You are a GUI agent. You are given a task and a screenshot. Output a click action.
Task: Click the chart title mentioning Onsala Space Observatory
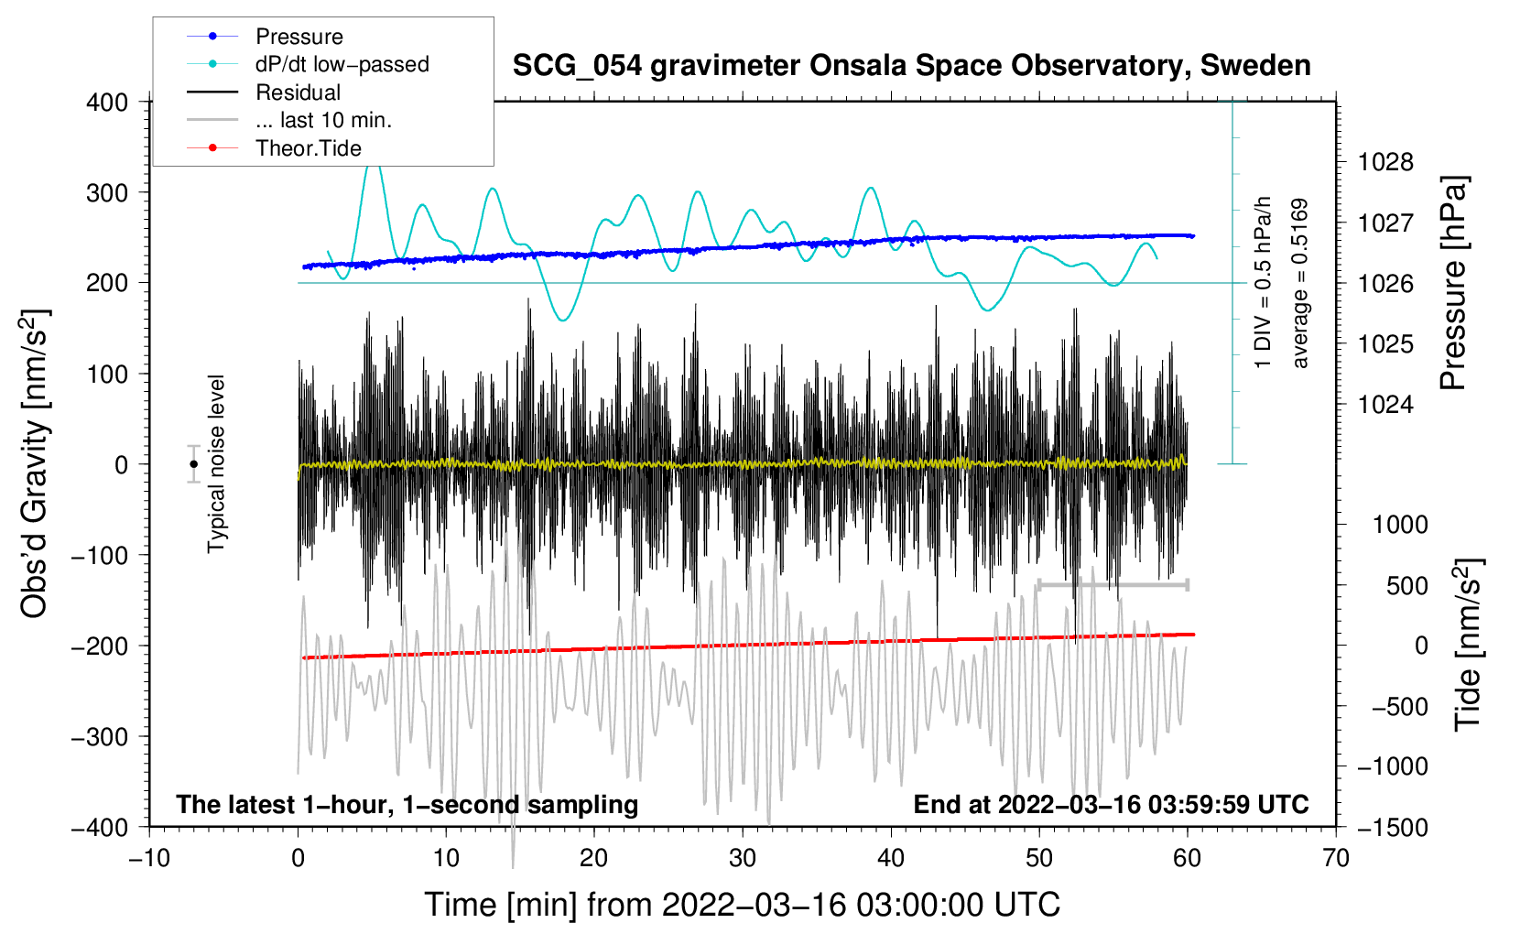pos(911,66)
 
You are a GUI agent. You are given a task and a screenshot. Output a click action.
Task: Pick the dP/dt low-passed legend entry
pos(342,64)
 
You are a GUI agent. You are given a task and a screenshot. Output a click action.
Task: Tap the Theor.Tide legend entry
pos(308,148)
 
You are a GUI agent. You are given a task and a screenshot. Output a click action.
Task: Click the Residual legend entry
pos(298,92)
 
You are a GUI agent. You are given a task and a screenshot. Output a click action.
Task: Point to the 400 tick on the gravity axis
pos(107,103)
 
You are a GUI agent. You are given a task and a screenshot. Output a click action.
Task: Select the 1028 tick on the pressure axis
pos(1385,163)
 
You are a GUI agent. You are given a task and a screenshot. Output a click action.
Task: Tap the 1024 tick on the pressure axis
pos(1385,405)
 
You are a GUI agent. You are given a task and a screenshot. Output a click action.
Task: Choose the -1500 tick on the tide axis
pos(1393,827)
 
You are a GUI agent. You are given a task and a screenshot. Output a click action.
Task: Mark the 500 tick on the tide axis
pos(1406,585)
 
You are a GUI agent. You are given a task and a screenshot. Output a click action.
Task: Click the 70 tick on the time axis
pos(1336,858)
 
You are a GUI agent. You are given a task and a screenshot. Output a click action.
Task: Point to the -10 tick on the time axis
pos(149,858)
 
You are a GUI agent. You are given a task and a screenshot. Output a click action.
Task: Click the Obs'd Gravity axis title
pos(34,463)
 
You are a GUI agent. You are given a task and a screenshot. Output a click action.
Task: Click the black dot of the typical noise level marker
pos(194,464)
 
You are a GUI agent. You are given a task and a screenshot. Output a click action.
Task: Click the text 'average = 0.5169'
pos(1300,283)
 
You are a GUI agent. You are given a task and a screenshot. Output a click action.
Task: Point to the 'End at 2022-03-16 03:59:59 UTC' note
pos(1111,804)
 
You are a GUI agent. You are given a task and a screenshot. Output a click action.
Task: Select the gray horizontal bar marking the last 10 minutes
pos(1113,584)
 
